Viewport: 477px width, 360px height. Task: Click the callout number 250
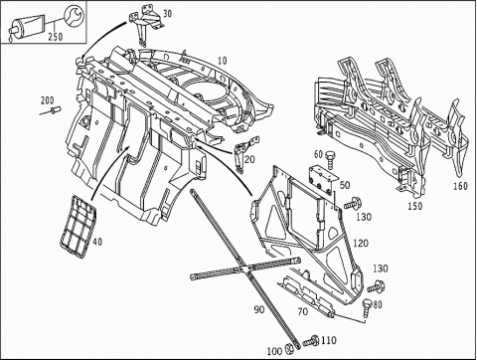[56, 36]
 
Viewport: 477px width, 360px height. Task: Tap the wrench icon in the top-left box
[74, 15]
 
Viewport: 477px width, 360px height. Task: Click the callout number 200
[48, 100]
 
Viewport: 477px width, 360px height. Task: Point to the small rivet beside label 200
[55, 108]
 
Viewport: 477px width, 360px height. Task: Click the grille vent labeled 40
[78, 227]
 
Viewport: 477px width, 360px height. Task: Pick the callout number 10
[223, 61]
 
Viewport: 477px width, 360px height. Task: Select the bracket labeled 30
[146, 24]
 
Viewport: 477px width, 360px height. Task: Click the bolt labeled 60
[330, 160]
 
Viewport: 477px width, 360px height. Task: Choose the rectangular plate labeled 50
[322, 181]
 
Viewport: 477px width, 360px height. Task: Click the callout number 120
[361, 243]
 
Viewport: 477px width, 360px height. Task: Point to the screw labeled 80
[367, 307]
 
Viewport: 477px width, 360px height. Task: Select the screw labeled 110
[310, 341]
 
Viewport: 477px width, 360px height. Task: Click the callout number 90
[259, 309]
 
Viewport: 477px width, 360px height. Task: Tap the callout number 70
[302, 311]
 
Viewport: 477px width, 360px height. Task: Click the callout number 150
[415, 206]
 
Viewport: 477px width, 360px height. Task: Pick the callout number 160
[460, 186]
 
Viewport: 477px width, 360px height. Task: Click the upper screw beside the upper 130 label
[353, 203]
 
